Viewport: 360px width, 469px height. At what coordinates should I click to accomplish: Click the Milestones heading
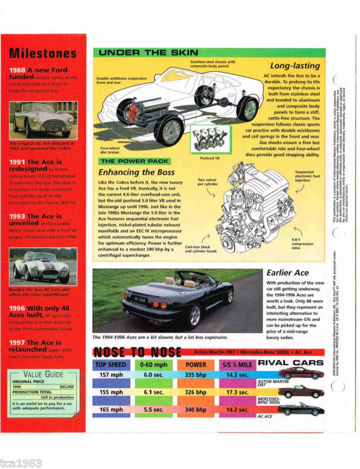(43, 53)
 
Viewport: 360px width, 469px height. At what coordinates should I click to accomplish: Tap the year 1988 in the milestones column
(18, 72)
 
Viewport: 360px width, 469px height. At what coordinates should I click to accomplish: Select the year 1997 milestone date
(18, 342)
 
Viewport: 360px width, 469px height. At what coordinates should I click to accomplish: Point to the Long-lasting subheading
(294, 66)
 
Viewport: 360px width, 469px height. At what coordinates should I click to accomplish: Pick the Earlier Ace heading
(287, 273)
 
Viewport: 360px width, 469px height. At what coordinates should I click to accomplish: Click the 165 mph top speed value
(110, 407)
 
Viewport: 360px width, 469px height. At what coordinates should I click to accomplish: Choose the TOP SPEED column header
(110, 363)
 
